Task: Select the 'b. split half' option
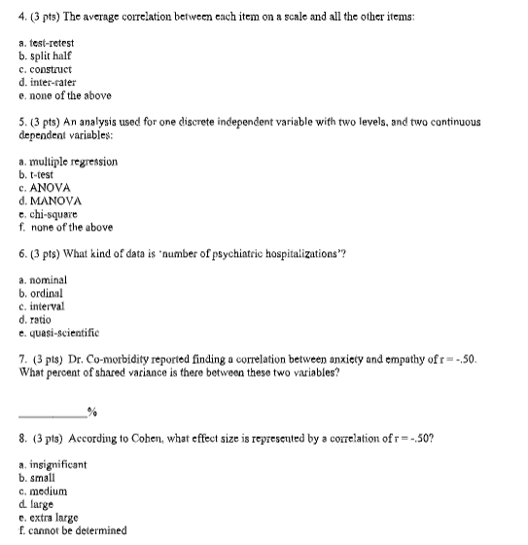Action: pyautogui.click(x=45, y=56)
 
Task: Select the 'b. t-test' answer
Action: pyautogui.click(x=39, y=173)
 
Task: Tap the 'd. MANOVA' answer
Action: pyautogui.click(x=50, y=200)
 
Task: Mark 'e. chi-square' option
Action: pyautogui.click(x=49, y=213)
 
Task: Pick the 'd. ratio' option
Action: pyautogui.click(x=38, y=318)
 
